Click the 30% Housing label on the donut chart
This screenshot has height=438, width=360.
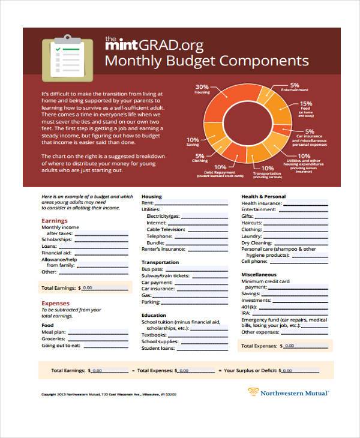tap(202, 89)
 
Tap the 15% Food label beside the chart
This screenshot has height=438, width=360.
tap(306, 106)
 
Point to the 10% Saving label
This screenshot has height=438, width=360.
tap(193, 142)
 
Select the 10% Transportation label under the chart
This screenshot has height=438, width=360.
tap(268, 172)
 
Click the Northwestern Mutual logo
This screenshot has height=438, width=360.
tap(288, 393)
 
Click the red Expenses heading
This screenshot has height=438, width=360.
tap(55, 303)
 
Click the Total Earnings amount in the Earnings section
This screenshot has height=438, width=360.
tap(88, 288)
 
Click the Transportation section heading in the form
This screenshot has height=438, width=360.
tap(160, 262)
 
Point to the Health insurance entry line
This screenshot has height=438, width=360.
tap(306, 203)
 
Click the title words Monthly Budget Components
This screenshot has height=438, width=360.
tap(207, 61)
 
